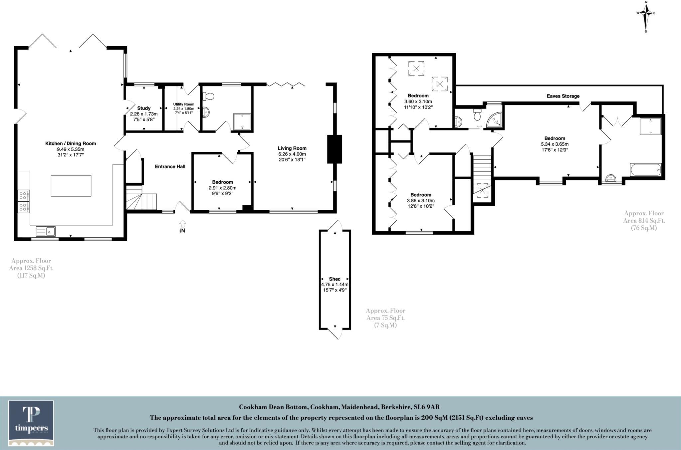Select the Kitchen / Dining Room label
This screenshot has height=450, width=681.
tap(70, 144)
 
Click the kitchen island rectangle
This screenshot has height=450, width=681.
tap(71, 186)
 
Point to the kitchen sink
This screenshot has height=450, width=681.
tap(46, 231)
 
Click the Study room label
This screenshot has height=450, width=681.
tap(144, 108)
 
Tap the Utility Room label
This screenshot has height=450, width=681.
tap(183, 104)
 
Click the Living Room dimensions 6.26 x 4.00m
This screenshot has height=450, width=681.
tap(292, 154)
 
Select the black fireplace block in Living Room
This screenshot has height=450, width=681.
tap(334, 149)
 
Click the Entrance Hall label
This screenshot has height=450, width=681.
tap(170, 166)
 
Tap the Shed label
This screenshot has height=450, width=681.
tap(335, 279)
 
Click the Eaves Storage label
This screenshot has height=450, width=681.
tap(563, 96)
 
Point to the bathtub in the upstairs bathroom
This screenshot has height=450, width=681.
tap(645, 169)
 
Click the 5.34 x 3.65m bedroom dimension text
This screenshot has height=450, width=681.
tap(554, 144)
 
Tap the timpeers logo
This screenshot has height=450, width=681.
tap(31, 423)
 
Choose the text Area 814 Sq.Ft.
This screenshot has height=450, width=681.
tap(644, 221)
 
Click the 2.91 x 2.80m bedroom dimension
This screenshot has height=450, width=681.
tap(222, 188)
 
